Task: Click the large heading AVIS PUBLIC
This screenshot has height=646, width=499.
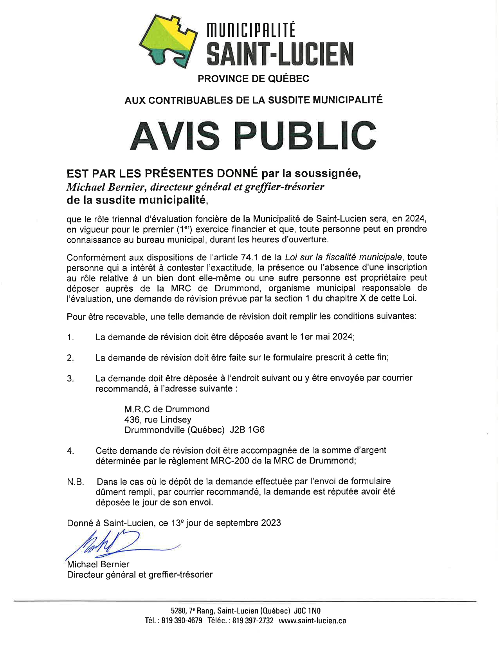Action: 253,135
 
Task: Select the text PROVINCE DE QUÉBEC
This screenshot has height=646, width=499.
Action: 253,79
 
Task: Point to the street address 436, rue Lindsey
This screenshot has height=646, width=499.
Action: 158,420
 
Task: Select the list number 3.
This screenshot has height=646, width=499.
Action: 70,379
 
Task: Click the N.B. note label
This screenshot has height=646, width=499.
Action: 76,482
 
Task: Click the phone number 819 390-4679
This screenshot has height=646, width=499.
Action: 182,621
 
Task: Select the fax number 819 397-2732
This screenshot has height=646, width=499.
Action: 253,621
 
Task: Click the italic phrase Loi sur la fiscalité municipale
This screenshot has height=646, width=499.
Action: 343,257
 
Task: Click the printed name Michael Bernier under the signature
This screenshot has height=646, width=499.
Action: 98,564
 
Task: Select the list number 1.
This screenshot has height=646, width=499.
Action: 70,337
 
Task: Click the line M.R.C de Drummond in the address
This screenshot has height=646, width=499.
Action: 167,409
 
